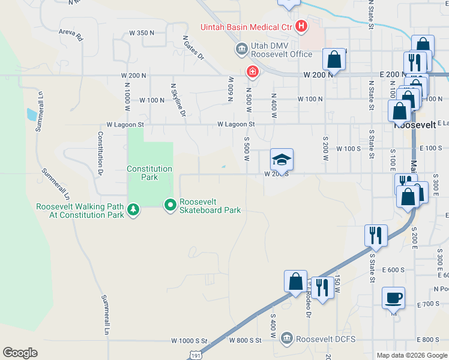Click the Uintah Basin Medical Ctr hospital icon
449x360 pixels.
point(301,26)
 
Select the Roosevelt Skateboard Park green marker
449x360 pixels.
point(170,205)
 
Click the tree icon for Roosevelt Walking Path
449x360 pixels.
point(133,210)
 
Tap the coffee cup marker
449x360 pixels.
point(393,298)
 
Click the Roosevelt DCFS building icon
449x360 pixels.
point(287,339)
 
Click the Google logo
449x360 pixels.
point(20,353)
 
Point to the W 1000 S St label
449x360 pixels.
point(188,340)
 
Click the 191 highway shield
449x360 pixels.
point(194,355)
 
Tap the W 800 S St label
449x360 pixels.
point(246,340)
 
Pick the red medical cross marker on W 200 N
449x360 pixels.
point(253,73)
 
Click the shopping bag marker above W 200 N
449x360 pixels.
point(333,59)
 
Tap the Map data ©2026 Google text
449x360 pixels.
point(411,355)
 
